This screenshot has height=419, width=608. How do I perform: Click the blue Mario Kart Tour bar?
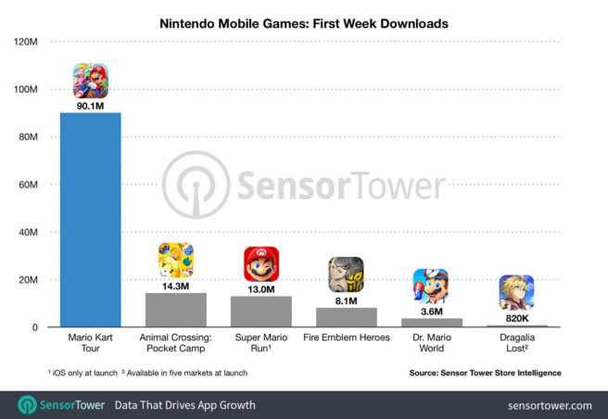click(91, 220)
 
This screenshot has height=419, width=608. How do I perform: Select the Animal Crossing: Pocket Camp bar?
click(176, 310)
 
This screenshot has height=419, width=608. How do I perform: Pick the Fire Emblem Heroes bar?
click(346, 317)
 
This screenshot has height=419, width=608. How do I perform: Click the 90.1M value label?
click(91, 106)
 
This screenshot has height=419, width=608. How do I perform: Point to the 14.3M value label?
click(176, 286)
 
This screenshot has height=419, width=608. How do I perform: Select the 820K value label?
click(516, 317)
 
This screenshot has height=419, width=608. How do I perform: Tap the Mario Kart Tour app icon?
click(91, 81)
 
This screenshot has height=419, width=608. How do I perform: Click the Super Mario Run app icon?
click(261, 264)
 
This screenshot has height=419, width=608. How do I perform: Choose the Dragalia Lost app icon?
click(516, 292)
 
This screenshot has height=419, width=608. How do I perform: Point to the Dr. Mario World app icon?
click(431, 286)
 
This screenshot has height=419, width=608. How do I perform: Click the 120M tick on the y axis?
click(25, 43)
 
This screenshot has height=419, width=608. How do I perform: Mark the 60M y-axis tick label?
click(28, 184)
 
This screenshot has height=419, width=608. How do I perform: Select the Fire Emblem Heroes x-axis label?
click(346, 338)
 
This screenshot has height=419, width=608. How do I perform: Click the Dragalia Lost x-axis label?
click(516, 343)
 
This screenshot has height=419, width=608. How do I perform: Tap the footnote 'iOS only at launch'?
click(83, 373)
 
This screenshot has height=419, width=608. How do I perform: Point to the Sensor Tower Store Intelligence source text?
click(485, 373)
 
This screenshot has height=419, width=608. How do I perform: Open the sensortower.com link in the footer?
click(550, 405)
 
